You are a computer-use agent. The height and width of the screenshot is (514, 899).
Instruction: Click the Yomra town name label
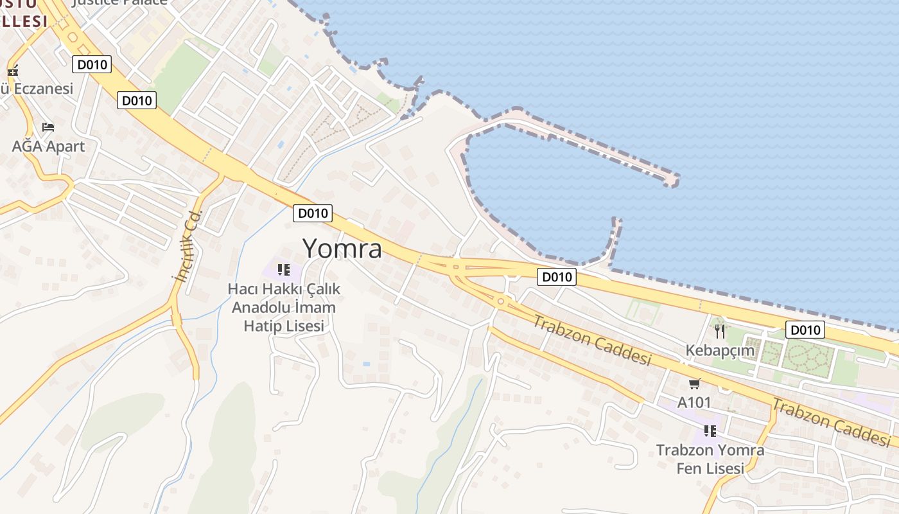pyautogui.click(x=342, y=249)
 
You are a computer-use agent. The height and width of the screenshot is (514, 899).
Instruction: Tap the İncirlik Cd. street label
pyautogui.click(x=188, y=245)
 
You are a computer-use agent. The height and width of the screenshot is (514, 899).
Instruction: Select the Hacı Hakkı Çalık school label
pyautogui.click(x=284, y=307)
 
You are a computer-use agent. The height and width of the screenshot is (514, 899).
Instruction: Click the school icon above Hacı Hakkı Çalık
pyautogui.click(x=284, y=270)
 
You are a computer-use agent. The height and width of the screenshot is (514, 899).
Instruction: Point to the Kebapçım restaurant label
pyautogui.click(x=720, y=351)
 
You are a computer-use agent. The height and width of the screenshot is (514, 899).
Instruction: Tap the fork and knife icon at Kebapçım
pyautogui.click(x=720, y=332)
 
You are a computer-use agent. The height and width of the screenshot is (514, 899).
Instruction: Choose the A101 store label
pyautogui.click(x=694, y=403)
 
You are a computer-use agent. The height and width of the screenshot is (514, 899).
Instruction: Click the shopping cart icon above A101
pyautogui.click(x=694, y=384)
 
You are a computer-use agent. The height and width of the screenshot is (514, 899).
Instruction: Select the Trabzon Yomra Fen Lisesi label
pyautogui.click(x=710, y=459)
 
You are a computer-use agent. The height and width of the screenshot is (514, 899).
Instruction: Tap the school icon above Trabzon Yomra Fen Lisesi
pyautogui.click(x=710, y=430)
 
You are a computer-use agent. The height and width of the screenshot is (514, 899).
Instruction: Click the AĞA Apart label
pyautogui.click(x=48, y=146)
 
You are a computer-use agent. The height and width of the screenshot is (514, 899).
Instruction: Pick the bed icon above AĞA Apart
pyautogui.click(x=48, y=127)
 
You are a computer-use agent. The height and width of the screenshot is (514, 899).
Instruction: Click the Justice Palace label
pyautogui.click(x=120, y=2)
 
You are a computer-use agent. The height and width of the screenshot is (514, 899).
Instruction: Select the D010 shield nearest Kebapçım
pyautogui.click(x=805, y=330)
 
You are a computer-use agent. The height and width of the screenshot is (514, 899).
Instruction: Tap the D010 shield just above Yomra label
pyautogui.click(x=313, y=213)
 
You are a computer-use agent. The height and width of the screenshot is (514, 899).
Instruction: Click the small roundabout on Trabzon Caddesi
pyautogui.click(x=500, y=301)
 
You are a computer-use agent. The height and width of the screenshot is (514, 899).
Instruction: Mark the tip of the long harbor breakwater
pyautogui.click(x=672, y=182)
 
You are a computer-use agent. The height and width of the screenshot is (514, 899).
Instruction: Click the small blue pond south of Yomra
pyautogui.click(x=366, y=364)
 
